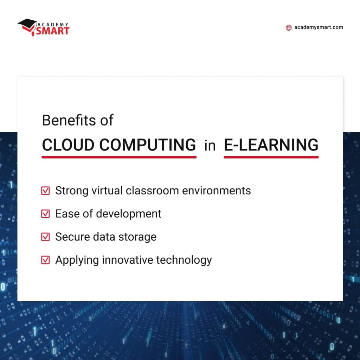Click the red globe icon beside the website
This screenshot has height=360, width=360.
tap(289, 28)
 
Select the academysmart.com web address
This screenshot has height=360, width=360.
tap(319, 27)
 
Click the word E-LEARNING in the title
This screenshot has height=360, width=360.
tap(271, 145)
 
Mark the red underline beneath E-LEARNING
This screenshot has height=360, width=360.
tap(271, 157)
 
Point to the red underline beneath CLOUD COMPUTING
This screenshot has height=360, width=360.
tap(119, 157)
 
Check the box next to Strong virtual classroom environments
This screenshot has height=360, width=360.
tap(46, 191)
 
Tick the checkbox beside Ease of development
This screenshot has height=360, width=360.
tap(46, 214)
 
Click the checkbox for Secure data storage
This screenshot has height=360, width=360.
tap(46, 237)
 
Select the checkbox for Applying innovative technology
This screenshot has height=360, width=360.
tap(46, 260)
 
